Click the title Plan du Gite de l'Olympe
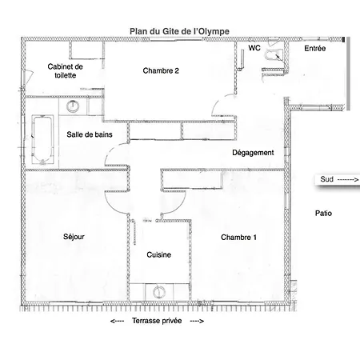click(x=179, y=31)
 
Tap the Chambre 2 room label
click(x=161, y=70)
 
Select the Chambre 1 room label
click(x=238, y=238)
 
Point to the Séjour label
click(x=74, y=237)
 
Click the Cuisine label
click(x=159, y=254)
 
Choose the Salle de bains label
click(x=90, y=134)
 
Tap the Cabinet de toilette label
click(x=66, y=70)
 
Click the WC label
click(x=254, y=48)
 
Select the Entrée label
click(x=315, y=48)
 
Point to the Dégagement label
click(x=253, y=153)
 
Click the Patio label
click(x=323, y=214)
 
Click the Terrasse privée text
click(x=157, y=321)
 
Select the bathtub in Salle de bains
click(x=42, y=139)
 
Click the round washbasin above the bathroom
click(x=73, y=106)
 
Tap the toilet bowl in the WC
click(x=274, y=54)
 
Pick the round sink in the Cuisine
click(x=159, y=292)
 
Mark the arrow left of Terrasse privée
click(x=117, y=321)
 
